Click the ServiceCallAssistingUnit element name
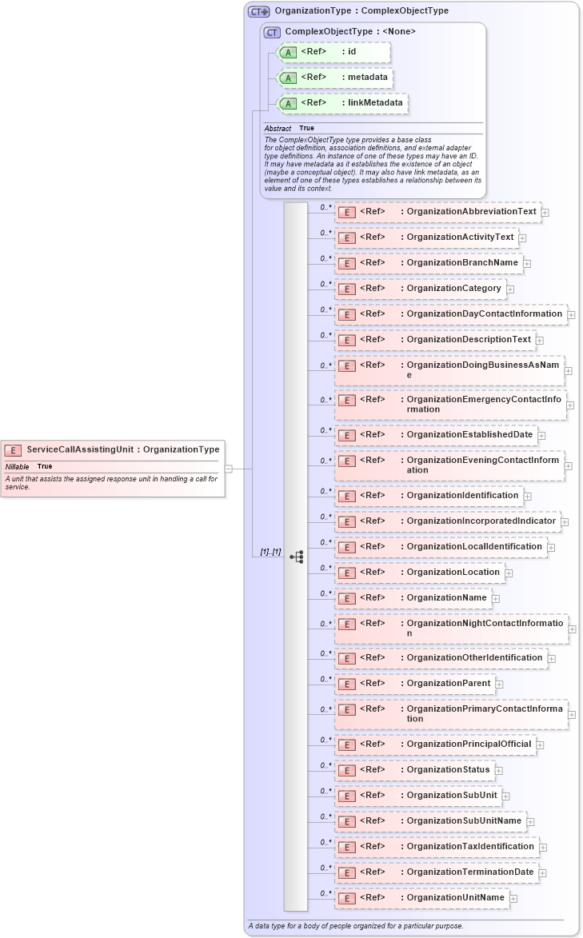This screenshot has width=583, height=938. [x=80, y=449]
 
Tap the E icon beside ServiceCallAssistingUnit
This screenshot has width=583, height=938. [x=14, y=450]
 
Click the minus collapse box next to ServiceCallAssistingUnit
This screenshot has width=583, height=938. [x=228, y=469]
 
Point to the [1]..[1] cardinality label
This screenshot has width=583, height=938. [x=270, y=552]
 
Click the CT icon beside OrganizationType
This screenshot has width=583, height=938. [x=258, y=11]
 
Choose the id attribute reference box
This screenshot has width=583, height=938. [x=333, y=52]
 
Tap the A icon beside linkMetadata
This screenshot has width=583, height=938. [x=288, y=103]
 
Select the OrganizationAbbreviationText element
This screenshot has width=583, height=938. [x=437, y=212]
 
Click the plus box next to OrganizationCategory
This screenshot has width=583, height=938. [x=510, y=289]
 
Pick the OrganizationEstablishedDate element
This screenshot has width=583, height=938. [x=436, y=435]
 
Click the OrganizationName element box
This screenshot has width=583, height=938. [x=413, y=598]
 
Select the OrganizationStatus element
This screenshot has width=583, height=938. [x=413, y=770]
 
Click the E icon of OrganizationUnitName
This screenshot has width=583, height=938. [x=346, y=898]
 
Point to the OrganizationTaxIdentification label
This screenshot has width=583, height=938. [x=470, y=846]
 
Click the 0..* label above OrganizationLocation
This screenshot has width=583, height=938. [x=325, y=567]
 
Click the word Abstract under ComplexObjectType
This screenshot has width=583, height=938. [x=278, y=128]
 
